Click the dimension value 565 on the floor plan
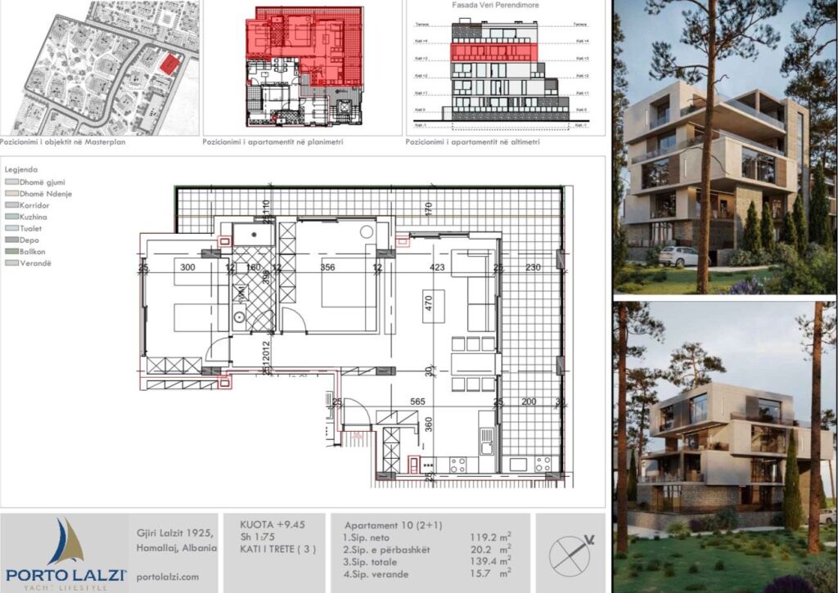pos(419,402)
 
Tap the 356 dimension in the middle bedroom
pos(327,267)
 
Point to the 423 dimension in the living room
pos(436,267)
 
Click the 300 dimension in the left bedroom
pos(188,267)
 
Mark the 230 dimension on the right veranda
pos(533,267)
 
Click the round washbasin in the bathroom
pos(241,317)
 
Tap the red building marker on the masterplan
pos(169,65)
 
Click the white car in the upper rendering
pos(678,256)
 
